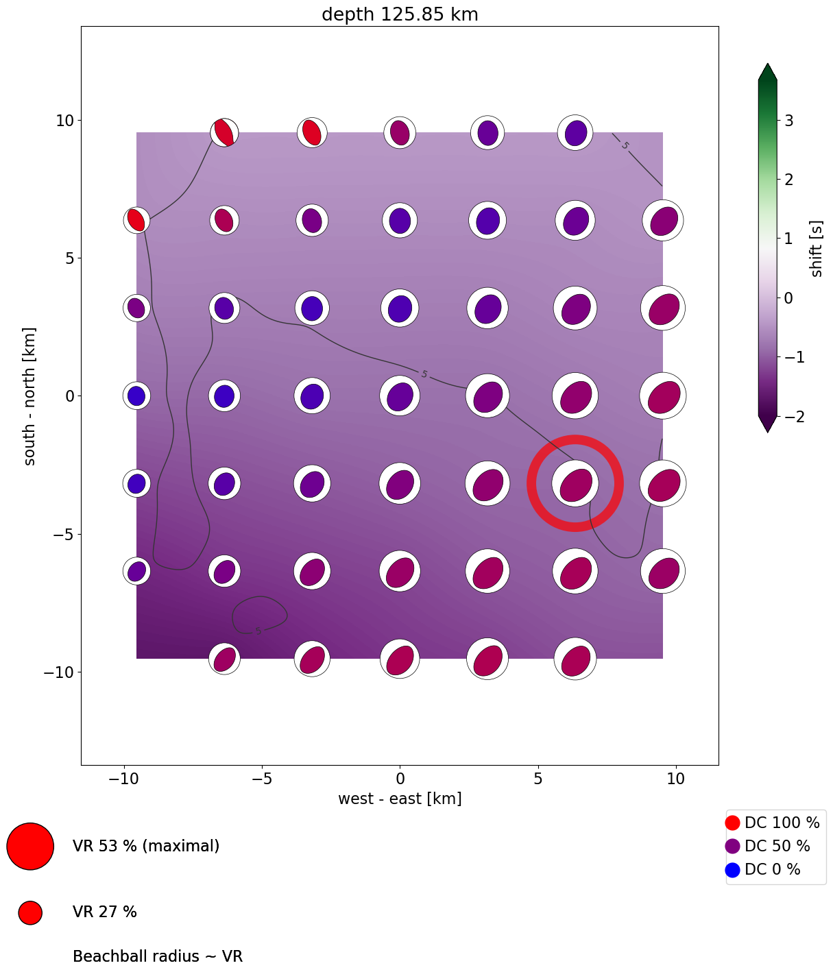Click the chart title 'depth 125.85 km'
(400, 14)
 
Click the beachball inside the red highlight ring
(575, 484)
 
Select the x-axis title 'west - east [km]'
(400, 799)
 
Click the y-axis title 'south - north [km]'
(30, 396)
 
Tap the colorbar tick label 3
(789, 121)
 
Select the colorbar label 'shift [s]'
(816, 248)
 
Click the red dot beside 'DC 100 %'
(732, 823)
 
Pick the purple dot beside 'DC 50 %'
(732, 846)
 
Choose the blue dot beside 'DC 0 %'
(732, 870)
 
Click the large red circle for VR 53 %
(30, 846)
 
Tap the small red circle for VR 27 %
(30, 912)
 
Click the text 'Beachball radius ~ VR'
(158, 956)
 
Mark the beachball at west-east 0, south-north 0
(400, 396)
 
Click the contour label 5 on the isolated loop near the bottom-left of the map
(258, 631)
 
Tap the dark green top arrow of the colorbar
(767, 72)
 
